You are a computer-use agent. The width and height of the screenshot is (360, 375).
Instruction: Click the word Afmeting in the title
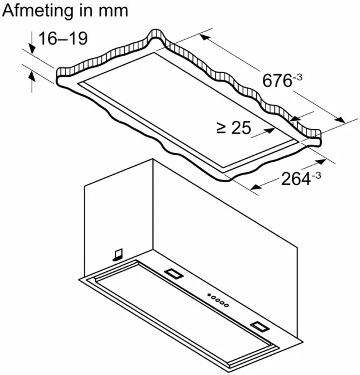click(36, 11)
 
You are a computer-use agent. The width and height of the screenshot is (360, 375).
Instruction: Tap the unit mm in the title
click(113, 12)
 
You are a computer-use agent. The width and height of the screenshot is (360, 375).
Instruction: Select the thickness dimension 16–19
click(63, 38)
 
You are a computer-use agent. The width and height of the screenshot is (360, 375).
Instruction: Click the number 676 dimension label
click(277, 81)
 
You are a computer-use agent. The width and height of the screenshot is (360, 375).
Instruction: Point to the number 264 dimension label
click(296, 179)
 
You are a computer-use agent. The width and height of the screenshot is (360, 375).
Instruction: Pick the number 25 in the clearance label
click(242, 128)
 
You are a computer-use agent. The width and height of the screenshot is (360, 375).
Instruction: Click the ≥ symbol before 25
click(221, 128)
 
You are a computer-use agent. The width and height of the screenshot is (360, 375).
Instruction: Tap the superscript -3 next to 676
click(297, 77)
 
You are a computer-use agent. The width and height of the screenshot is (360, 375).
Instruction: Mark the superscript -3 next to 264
click(316, 176)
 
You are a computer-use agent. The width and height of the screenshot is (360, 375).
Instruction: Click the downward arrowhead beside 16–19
click(32, 49)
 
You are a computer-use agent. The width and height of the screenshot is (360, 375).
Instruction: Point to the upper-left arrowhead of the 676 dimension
click(205, 37)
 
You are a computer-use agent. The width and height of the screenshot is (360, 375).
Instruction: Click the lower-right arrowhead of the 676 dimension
click(340, 120)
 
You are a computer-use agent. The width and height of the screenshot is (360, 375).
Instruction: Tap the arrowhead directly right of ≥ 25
click(270, 131)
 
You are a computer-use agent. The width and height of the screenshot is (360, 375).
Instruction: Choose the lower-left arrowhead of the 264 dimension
click(256, 186)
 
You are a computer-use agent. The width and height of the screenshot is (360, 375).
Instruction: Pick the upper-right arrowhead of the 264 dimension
click(321, 162)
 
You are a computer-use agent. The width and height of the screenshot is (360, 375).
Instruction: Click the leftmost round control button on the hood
click(209, 295)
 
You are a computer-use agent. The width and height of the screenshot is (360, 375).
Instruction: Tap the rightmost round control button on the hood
click(226, 305)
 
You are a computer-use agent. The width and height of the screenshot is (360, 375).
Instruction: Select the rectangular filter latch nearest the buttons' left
click(174, 274)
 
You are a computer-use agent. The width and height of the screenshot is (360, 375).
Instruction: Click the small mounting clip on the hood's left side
click(118, 255)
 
